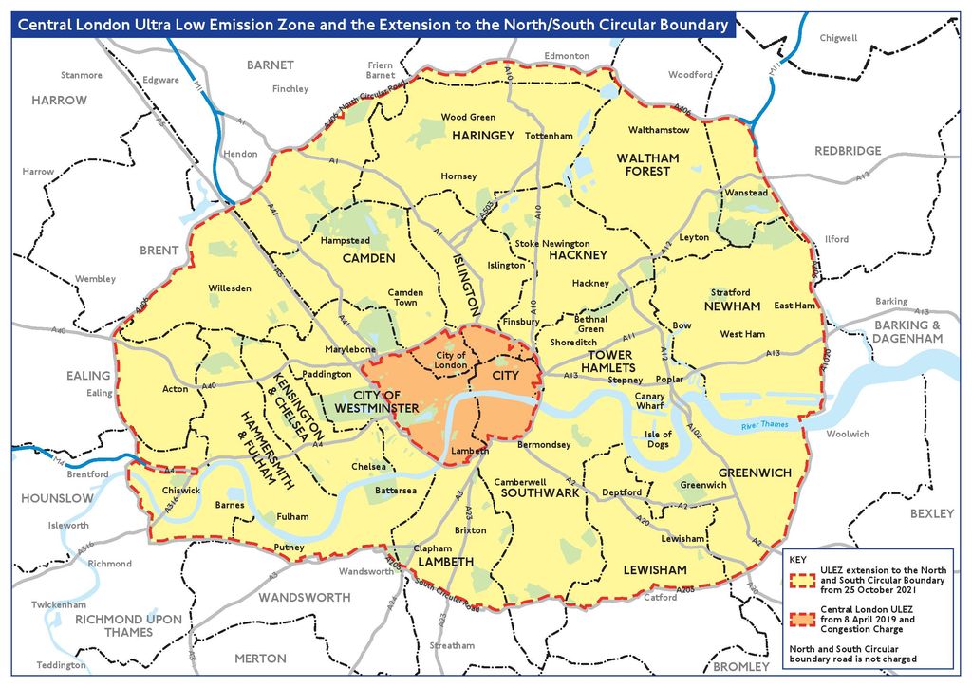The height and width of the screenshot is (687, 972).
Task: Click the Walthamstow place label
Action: pos(658,129)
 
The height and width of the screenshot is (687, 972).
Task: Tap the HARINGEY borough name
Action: pos(482,136)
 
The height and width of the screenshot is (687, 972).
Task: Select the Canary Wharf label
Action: pos(650,401)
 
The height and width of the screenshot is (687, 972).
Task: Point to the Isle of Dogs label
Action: pos(658,439)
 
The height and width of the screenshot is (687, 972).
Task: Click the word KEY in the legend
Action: pos(798,560)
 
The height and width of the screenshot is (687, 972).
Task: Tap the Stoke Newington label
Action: pos(551,244)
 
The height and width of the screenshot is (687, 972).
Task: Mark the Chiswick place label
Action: pos(180,491)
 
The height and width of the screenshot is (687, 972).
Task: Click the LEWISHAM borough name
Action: pos(654,569)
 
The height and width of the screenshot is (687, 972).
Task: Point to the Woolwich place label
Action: pos(848,434)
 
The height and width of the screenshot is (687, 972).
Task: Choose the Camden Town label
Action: pos(405,298)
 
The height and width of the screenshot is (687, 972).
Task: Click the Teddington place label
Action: pos(61,665)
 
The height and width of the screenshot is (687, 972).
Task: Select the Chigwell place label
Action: pos(838,38)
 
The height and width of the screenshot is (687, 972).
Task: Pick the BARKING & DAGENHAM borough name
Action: pos(907,331)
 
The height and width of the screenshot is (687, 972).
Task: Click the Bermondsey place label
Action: pos(544,444)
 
